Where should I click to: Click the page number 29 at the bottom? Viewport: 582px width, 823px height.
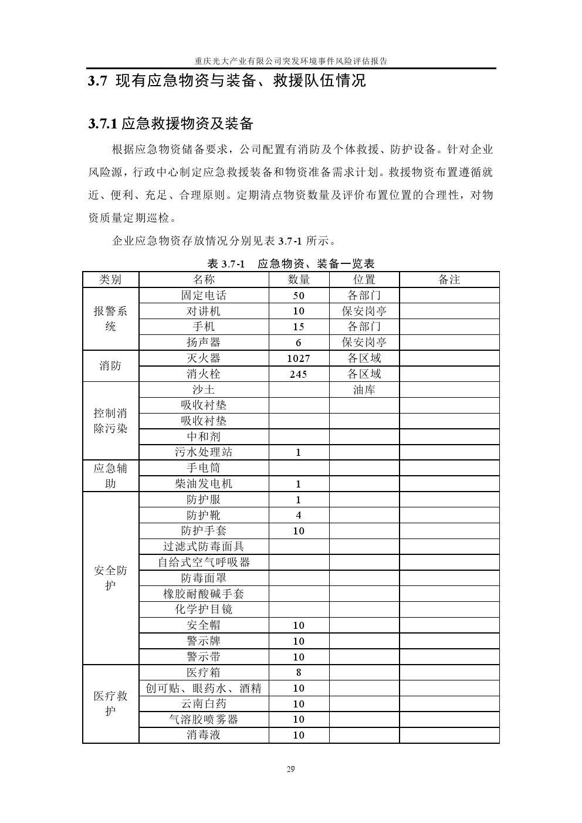pos(291,770)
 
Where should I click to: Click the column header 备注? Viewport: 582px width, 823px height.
pos(449,280)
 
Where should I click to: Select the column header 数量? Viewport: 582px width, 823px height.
pos(299,280)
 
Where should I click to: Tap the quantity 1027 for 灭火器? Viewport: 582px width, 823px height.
pos(299,358)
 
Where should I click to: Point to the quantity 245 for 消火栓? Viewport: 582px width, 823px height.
pos(299,374)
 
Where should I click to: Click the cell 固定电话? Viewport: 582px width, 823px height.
pos(204,296)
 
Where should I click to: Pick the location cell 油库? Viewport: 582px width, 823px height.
pos(364,390)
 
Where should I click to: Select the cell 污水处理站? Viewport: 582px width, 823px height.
pos(204,452)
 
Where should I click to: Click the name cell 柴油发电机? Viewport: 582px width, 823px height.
pos(204,484)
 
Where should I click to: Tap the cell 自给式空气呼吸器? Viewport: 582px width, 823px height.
pos(204,563)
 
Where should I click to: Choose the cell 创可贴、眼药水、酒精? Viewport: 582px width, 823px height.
pos(204,688)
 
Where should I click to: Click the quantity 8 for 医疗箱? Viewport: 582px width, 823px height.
pos(299,673)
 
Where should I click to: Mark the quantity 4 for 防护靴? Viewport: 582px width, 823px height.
pos(299,516)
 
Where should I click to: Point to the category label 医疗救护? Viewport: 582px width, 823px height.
pos(111,704)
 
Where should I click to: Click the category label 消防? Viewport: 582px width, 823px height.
pos(111,366)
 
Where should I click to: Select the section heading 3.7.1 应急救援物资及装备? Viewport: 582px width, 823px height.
pos(171,123)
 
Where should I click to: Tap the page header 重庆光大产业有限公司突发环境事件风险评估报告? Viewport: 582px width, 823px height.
pos(291,61)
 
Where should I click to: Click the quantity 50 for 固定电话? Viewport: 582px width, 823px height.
pos(299,296)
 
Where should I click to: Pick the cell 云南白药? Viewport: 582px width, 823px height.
pos(204,704)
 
